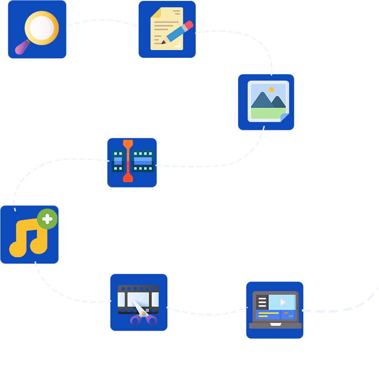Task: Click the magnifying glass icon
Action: (37, 30)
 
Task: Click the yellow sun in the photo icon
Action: (271, 90)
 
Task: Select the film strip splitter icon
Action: (132, 162)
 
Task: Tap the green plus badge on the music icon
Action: (47, 219)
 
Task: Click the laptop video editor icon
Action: (275, 310)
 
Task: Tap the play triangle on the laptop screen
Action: (283, 301)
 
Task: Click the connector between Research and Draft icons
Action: (102, 23)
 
